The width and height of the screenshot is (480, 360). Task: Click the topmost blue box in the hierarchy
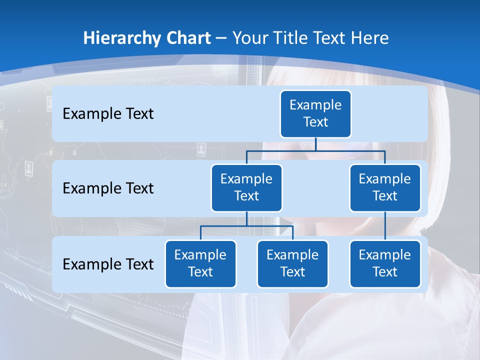pyautogui.click(x=315, y=113)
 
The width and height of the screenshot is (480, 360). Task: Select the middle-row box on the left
pyautogui.click(x=246, y=187)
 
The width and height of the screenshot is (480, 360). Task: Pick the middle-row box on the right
pyautogui.click(x=385, y=187)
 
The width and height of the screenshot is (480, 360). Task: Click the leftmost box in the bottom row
pyautogui.click(x=200, y=263)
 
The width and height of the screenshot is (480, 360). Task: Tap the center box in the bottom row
pyautogui.click(x=292, y=263)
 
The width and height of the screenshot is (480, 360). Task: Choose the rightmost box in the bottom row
pyautogui.click(x=385, y=263)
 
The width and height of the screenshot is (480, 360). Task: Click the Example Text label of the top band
pyautogui.click(x=108, y=114)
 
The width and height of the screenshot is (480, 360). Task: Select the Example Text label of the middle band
pyautogui.click(x=108, y=188)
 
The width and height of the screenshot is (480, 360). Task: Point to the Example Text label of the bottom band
pyautogui.click(x=108, y=264)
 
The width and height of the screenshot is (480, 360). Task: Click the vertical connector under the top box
pyautogui.click(x=315, y=144)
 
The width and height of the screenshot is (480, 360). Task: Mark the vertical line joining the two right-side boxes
pyautogui.click(x=385, y=226)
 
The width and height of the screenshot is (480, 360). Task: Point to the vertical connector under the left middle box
pyautogui.click(x=246, y=218)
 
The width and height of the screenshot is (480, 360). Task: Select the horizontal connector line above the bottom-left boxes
pyautogui.click(x=225, y=226)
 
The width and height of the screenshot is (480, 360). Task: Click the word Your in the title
pyautogui.click(x=249, y=38)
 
